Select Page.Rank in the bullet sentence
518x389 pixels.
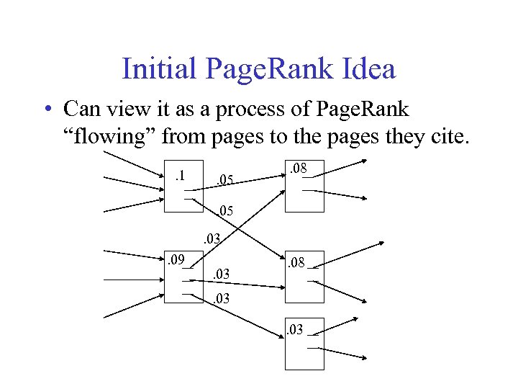coord(355,109)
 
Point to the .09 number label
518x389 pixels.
coord(176,259)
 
